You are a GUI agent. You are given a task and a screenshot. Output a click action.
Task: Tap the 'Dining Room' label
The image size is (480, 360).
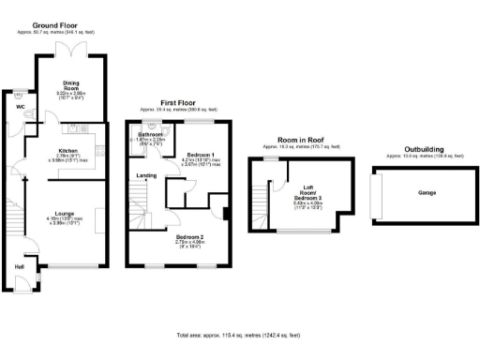(72, 83)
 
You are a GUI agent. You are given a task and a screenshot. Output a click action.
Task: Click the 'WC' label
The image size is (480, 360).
(20, 106)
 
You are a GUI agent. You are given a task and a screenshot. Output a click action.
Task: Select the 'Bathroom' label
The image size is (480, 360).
(151, 135)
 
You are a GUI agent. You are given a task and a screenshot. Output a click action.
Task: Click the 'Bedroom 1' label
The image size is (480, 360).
(201, 154)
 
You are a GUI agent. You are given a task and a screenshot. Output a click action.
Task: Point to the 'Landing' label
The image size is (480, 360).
(146, 174)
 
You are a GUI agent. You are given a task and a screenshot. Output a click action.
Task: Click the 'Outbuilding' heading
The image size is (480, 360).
(416, 149)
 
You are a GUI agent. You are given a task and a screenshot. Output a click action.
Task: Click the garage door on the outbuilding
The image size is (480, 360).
(375, 196)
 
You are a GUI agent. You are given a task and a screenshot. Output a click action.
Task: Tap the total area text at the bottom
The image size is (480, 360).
(239, 335)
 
